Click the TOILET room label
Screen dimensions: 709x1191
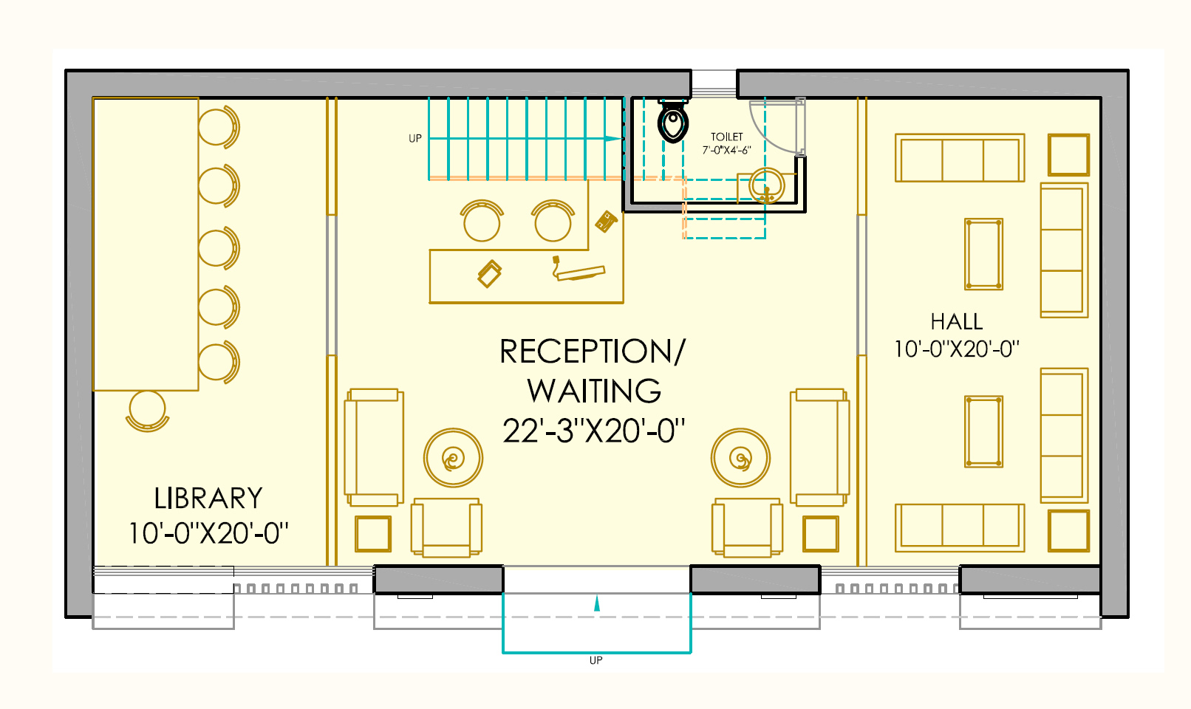(x=727, y=137)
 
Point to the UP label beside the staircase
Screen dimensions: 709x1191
(x=415, y=138)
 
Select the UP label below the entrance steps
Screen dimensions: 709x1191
(x=596, y=660)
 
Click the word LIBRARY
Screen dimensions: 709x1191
(x=208, y=499)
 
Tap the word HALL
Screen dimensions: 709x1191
(x=957, y=322)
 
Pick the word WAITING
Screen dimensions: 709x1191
(x=594, y=391)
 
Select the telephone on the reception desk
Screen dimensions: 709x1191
(x=607, y=221)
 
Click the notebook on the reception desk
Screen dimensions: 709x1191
(x=489, y=273)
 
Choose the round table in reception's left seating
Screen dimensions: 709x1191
(x=453, y=458)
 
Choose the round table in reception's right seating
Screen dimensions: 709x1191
(x=740, y=458)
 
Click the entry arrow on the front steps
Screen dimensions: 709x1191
(x=597, y=604)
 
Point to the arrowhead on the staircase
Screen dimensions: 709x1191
(x=613, y=138)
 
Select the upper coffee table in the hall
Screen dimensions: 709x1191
(x=983, y=254)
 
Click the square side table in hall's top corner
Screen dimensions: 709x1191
(x=1068, y=154)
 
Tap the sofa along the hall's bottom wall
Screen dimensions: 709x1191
(x=960, y=527)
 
